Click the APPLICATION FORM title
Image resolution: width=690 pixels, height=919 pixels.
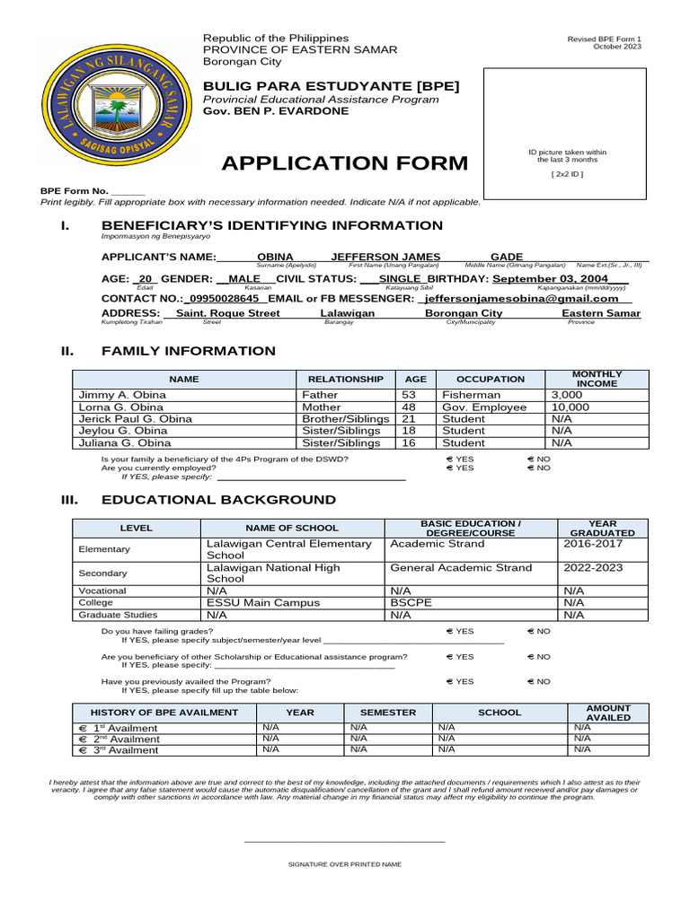coord(344,163)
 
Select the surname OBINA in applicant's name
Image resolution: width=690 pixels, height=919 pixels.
coord(275,257)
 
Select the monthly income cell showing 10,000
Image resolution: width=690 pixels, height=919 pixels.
coord(571,407)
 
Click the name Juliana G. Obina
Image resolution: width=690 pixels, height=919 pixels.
coord(125,442)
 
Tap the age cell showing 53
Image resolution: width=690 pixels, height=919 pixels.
coord(409,395)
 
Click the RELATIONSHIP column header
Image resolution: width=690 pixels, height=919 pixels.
coord(345,380)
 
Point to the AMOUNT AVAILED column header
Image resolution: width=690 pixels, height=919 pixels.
coord(608,713)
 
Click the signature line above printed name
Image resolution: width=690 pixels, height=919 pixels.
coord(344,841)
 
